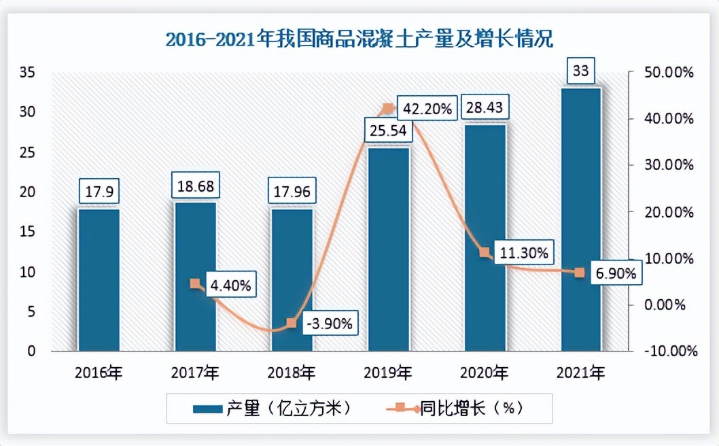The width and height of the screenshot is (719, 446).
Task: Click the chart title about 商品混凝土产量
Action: [x=359, y=37]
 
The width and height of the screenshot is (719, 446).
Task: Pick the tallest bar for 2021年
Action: [x=581, y=219]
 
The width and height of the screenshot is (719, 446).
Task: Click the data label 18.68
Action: [x=196, y=187]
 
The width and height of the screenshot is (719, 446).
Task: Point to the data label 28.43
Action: [x=485, y=109]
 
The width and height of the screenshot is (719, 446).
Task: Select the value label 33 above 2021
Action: [x=581, y=71]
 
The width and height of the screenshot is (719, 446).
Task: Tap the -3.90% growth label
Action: [x=329, y=324]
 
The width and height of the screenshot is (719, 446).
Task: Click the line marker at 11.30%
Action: [x=485, y=252]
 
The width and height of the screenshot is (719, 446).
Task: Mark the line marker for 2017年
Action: [x=195, y=284]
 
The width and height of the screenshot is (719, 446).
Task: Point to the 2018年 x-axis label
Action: [x=292, y=373]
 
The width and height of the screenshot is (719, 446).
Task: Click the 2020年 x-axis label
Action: [x=485, y=373]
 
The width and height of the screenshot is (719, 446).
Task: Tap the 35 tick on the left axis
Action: [x=32, y=72]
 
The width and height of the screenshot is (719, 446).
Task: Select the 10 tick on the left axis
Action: [x=32, y=272]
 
